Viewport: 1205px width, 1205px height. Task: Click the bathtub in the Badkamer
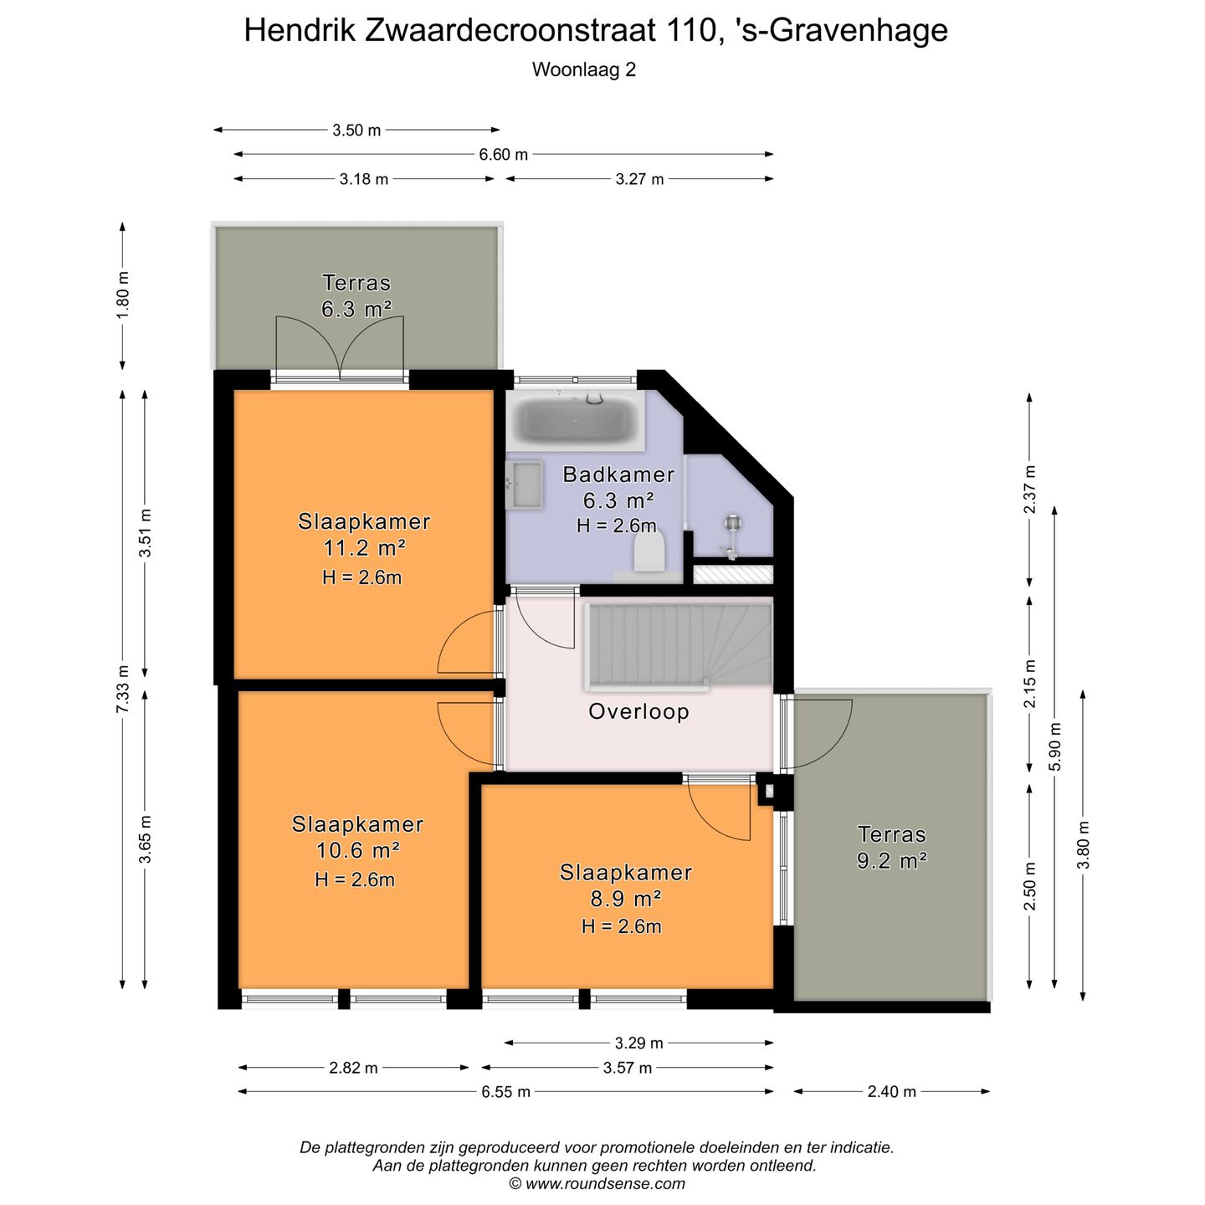click(x=575, y=421)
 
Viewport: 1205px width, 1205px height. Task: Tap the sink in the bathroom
click(x=525, y=485)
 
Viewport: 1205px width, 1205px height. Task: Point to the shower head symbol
click(x=733, y=526)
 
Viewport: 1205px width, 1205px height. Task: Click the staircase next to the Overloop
click(x=679, y=645)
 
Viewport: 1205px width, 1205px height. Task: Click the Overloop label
click(x=638, y=712)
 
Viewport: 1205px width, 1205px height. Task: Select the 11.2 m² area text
click(x=364, y=549)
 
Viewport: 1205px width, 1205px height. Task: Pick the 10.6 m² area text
click(x=357, y=851)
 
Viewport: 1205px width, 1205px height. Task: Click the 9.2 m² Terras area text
click(x=891, y=860)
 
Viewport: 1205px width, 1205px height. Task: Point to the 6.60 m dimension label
click(x=503, y=155)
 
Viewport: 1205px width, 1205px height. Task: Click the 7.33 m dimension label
click(x=123, y=689)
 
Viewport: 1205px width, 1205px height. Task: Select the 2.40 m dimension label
click(x=891, y=1091)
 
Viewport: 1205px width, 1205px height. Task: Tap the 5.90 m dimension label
click(x=1054, y=746)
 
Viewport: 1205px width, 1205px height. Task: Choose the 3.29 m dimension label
click(x=638, y=1043)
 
